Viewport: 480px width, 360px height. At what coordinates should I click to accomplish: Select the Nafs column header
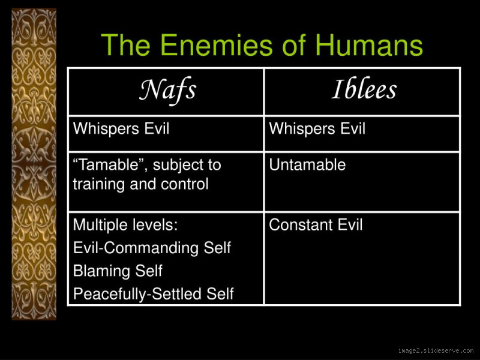pos(168,91)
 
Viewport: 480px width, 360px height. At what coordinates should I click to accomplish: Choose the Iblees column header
pos(364,91)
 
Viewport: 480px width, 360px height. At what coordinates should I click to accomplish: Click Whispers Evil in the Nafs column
pos(121,129)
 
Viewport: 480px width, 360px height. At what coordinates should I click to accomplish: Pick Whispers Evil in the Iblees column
pos(317,129)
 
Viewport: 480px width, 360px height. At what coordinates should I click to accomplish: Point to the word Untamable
pos(307,165)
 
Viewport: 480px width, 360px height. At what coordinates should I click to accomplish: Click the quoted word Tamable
pos(109,165)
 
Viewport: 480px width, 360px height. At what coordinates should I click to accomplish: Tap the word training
pos(97,184)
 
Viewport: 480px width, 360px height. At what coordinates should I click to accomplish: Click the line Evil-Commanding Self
pos(152,248)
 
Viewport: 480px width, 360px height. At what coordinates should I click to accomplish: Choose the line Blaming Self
pos(118,271)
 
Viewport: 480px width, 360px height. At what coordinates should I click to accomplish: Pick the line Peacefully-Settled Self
pos(153,294)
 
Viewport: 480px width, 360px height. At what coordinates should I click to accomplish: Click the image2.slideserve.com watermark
pos(435,350)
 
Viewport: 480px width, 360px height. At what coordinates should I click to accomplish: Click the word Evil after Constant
pos(347,226)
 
